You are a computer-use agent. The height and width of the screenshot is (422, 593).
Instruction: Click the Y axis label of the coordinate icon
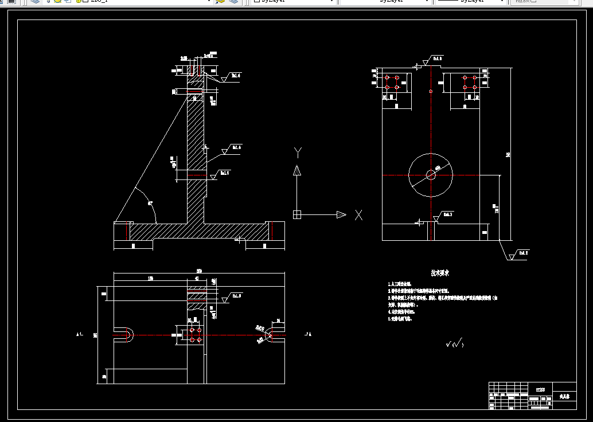point(297,152)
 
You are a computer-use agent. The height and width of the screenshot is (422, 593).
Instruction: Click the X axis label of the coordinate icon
point(358,215)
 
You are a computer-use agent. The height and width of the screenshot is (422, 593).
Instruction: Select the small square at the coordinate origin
point(297,215)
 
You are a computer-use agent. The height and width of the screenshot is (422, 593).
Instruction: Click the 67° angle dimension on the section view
point(150,203)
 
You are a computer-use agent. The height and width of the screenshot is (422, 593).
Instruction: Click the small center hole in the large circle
point(430,174)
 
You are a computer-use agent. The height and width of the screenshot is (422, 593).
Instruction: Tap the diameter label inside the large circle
point(438,167)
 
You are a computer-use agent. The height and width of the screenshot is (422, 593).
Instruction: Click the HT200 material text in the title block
point(541,389)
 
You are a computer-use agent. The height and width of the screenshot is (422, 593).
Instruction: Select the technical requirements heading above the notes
point(440,273)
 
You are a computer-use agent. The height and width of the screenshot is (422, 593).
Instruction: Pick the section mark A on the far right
point(310,333)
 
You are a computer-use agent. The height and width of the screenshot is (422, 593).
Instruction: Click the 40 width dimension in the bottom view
point(197,279)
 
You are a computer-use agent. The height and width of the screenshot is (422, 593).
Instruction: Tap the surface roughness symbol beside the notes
point(454,344)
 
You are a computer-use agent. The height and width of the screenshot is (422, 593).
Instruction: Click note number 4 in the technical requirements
point(408,311)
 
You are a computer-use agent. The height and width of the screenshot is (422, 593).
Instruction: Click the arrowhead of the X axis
point(341,215)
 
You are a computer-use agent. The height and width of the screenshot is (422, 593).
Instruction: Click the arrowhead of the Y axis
point(297,170)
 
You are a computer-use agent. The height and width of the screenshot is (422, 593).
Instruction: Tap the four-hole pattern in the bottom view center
point(196,335)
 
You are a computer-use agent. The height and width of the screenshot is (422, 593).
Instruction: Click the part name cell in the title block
point(564,396)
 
